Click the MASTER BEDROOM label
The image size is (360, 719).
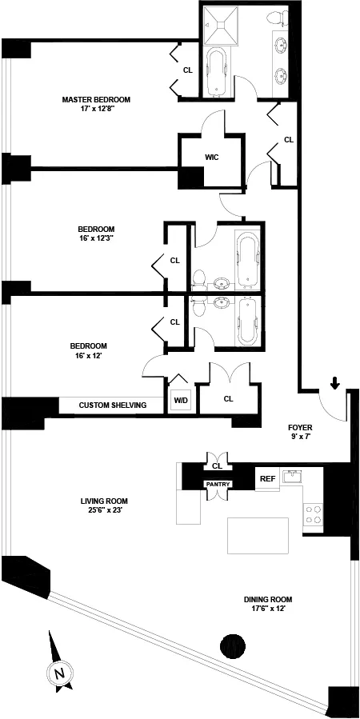96,100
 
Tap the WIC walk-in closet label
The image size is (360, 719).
211,157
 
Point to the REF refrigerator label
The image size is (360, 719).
267,479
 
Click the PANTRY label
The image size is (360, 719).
218,484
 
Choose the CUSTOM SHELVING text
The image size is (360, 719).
112,405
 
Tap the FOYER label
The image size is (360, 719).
302,428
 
